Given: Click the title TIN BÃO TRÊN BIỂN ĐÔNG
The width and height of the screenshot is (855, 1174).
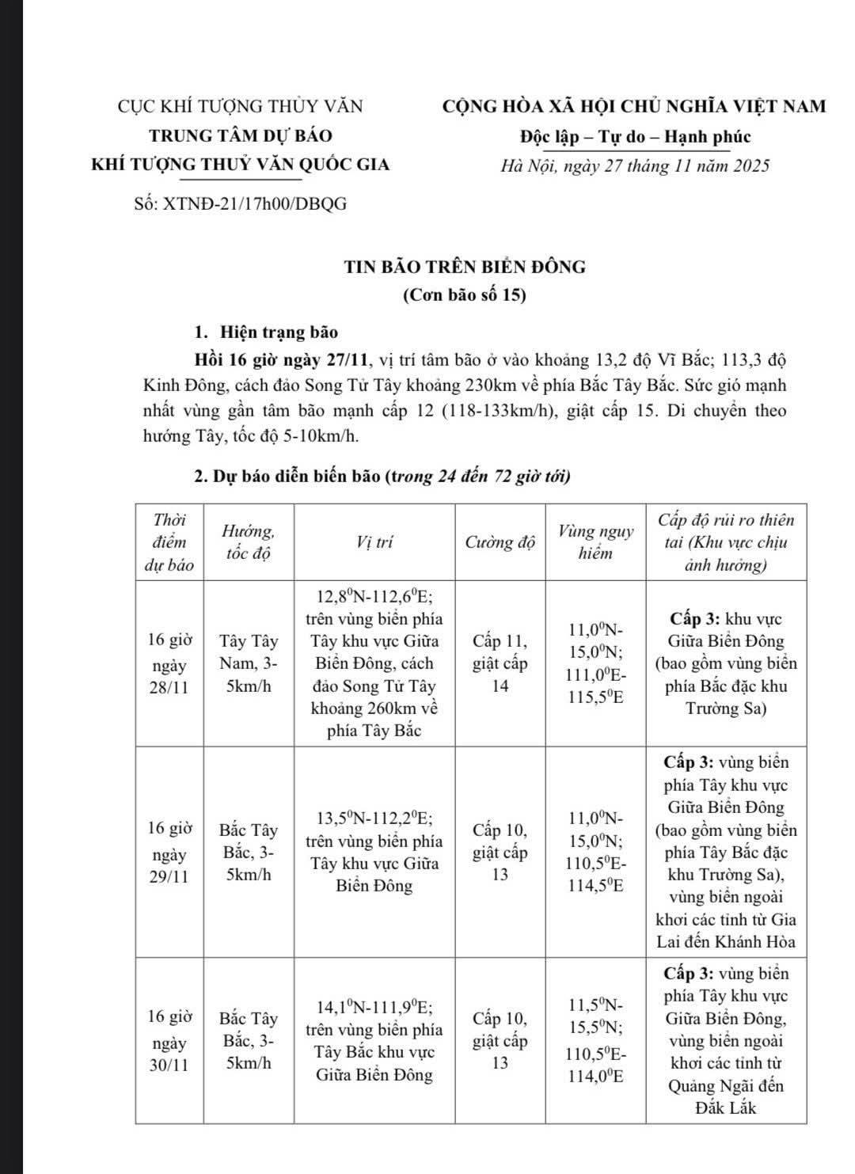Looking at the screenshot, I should point(465,267).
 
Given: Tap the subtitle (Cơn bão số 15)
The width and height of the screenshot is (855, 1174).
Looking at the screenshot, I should point(465,295).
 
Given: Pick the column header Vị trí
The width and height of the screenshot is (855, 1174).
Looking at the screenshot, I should point(374,542).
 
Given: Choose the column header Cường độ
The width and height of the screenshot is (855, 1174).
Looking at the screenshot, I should point(500,543).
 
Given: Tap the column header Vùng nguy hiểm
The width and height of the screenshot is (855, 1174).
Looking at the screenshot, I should point(595,542).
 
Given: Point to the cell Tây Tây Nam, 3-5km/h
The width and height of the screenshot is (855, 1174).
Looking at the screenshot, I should point(249,663).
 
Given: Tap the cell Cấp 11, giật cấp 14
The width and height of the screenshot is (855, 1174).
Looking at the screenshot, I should point(500,663).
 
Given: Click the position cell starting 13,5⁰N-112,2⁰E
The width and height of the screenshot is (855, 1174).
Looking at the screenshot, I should point(374,851).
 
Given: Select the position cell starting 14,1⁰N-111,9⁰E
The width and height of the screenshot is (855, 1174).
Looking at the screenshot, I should point(374,1040).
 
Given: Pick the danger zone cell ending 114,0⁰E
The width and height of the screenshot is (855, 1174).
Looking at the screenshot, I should point(595,1040).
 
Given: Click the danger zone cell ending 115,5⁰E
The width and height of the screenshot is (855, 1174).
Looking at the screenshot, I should point(595,663).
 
